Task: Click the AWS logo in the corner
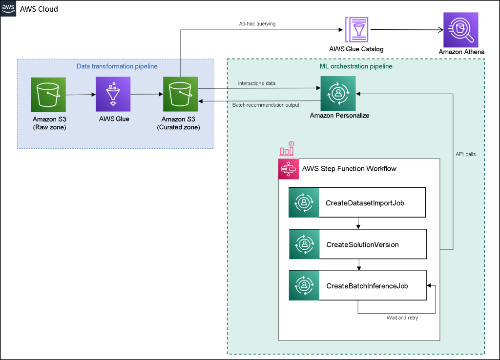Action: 8,8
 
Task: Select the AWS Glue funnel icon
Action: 113,94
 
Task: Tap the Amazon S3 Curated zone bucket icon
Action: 180,94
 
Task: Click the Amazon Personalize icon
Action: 338,93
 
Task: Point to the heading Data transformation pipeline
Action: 117,66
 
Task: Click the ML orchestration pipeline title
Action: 352,66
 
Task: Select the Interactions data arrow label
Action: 256,83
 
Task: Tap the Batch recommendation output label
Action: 266,105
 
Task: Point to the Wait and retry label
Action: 402,318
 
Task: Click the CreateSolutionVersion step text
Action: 362,244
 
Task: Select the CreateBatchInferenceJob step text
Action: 367,286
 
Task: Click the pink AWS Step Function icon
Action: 289,169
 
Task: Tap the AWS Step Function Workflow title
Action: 349,169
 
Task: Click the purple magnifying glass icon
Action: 460,30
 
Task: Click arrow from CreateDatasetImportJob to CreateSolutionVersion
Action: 358,223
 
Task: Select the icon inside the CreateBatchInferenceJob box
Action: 303,286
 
